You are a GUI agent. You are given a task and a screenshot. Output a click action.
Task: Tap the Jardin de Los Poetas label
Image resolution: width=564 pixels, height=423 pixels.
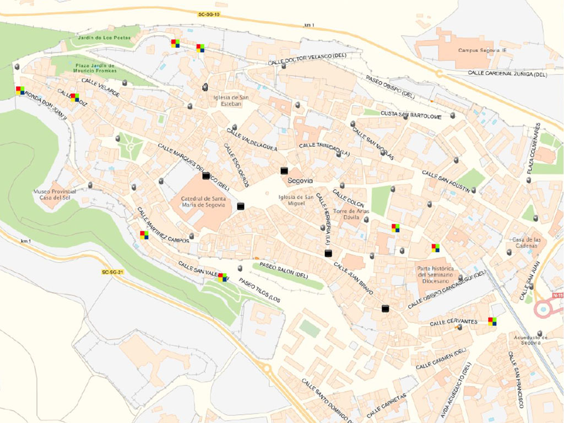pyautogui.click(x=105, y=37)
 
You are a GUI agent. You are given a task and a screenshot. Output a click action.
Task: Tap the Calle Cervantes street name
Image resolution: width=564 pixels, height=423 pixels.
pyautogui.click(x=453, y=322)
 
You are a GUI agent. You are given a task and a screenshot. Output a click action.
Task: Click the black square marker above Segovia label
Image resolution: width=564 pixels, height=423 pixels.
pyautogui.click(x=284, y=171)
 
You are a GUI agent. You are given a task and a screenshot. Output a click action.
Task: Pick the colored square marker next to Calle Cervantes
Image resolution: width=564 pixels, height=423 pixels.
pyautogui.click(x=492, y=321)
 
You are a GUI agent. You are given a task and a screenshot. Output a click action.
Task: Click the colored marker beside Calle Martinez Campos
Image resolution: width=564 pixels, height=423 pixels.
pyautogui.click(x=144, y=235)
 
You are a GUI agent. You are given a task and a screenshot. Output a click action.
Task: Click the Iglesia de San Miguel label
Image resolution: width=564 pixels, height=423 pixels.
pyautogui.click(x=296, y=200)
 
